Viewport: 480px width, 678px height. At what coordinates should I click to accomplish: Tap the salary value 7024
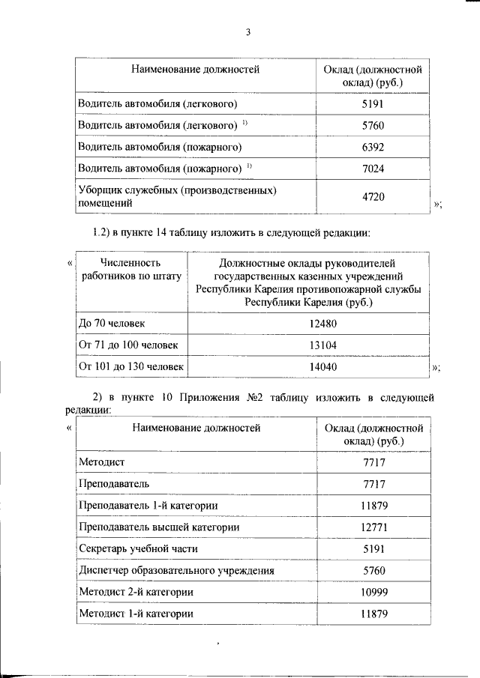(x=373, y=169)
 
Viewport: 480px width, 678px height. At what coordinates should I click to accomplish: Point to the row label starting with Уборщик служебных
(x=178, y=196)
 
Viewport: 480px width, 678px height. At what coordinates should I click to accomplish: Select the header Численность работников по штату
(x=130, y=269)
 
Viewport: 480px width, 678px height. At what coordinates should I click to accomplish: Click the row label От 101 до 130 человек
(x=131, y=366)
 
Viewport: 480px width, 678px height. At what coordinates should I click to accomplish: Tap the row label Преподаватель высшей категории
(x=159, y=527)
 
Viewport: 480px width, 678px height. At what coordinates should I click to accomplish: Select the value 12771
(x=373, y=527)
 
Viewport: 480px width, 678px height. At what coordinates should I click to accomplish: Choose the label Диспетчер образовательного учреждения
(x=175, y=571)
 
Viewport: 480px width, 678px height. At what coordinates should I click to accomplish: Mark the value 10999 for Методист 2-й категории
(x=373, y=593)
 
